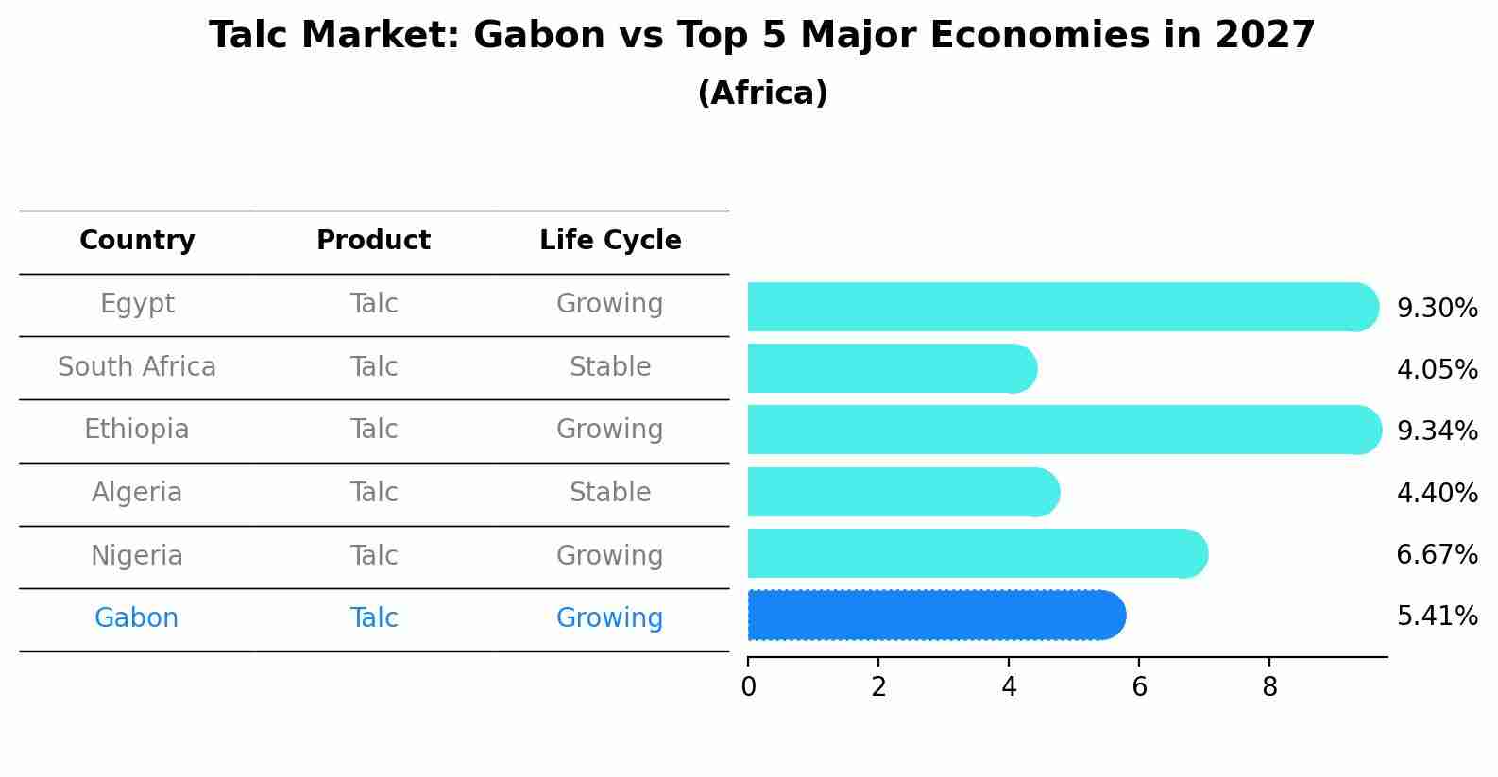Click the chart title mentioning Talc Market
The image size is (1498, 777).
pyautogui.click(x=761, y=36)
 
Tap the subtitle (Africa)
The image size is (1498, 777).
pyautogui.click(x=762, y=93)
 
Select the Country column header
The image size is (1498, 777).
pyautogui.click(x=137, y=241)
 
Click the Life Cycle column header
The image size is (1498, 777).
pyautogui.click(x=610, y=241)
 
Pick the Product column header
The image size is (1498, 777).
pyautogui.click(x=373, y=241)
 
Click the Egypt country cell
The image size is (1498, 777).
pyautogui.click(x=137, y=304)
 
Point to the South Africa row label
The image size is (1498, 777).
pyautogui.click(x=137, y=367)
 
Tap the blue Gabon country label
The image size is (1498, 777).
pyautogui.click(x=136, y=618)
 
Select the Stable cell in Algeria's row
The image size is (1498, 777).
pyautogui.click(x=610, y=493)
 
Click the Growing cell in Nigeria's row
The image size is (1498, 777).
pyautogui.click(x=609, y=556)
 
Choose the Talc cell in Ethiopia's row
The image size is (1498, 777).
pyautogui.click(x=373, y=430)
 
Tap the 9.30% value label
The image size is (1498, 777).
pyautogui.click(x=1437, y=309)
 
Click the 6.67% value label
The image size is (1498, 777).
pyautogui.click(x=1437, y=555)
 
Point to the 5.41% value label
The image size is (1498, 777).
pyautogui.click(x=1437, y=617)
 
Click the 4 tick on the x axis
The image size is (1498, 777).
pyautogui.click(x=1009, y=687)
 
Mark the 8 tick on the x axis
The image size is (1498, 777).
pyautogui.click(x=1269, y=687)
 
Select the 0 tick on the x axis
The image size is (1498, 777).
pyautogui.click(x=748, y=687)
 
